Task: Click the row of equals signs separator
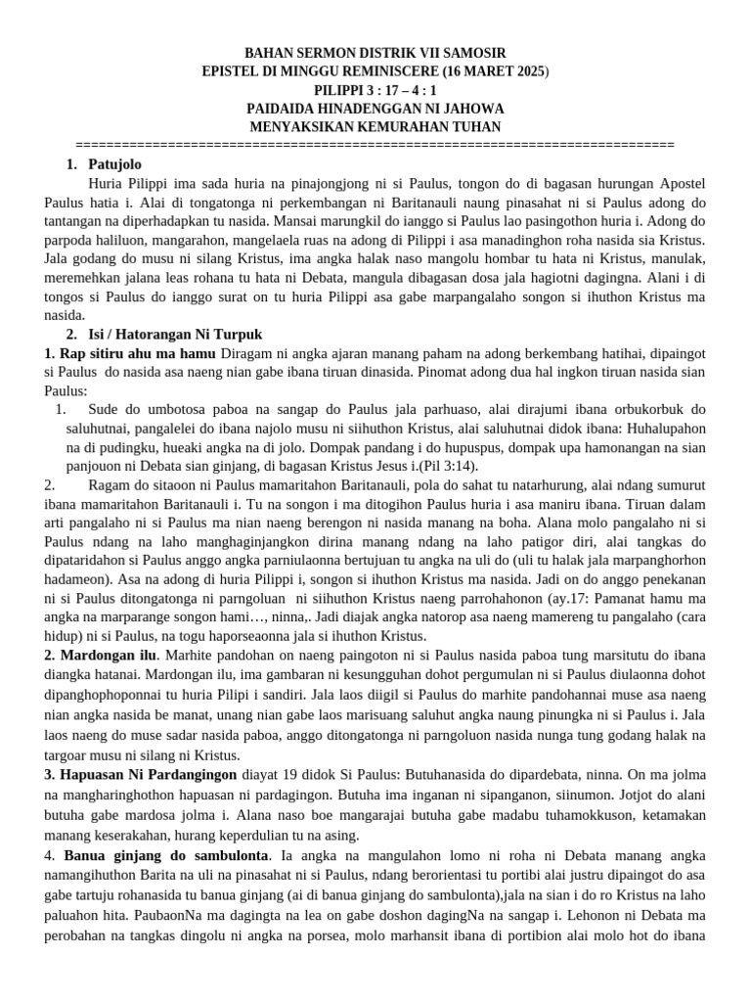375,145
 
